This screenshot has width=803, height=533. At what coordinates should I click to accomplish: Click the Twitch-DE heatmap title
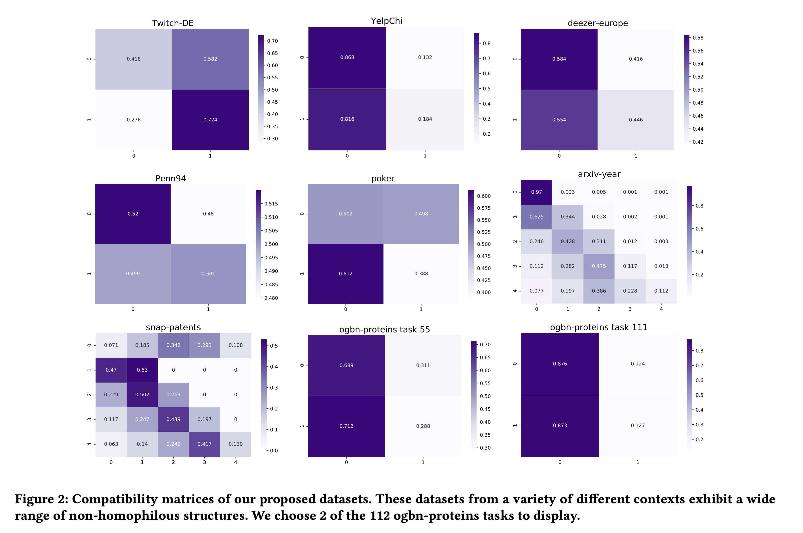pos(172,23)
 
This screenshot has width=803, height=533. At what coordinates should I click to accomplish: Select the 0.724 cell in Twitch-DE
pos(210,120)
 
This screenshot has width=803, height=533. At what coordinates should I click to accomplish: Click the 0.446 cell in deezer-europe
pos(635,120)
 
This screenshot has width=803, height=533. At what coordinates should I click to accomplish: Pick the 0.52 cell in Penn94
pos(133,214)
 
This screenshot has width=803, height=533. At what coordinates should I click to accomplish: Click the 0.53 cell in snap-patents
pos(142,370)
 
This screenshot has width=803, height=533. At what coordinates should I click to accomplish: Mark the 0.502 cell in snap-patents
pos(142,395)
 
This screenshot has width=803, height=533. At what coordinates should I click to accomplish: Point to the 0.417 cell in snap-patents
pos(204,444)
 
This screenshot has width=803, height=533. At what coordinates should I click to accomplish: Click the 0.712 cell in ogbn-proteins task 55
pos(346,426)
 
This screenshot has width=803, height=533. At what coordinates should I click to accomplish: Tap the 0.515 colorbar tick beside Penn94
pos(271,204)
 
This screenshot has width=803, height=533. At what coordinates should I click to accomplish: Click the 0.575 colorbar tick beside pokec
pos(484,208)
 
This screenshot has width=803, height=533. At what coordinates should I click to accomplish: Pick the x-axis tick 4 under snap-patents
pos(235,462)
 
